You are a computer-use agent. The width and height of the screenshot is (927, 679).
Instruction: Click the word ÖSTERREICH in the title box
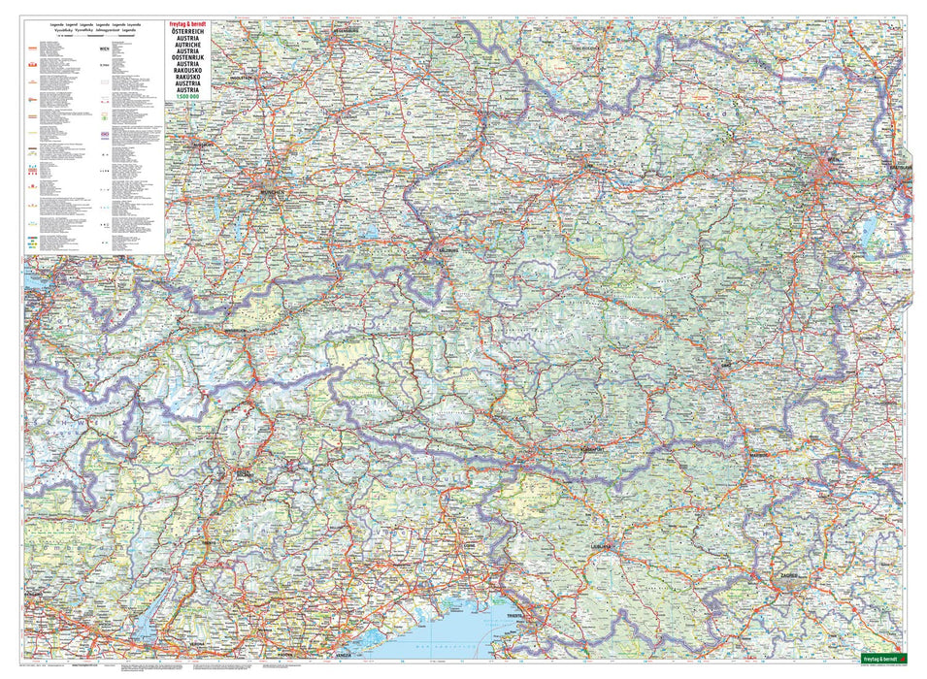[187, 32]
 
